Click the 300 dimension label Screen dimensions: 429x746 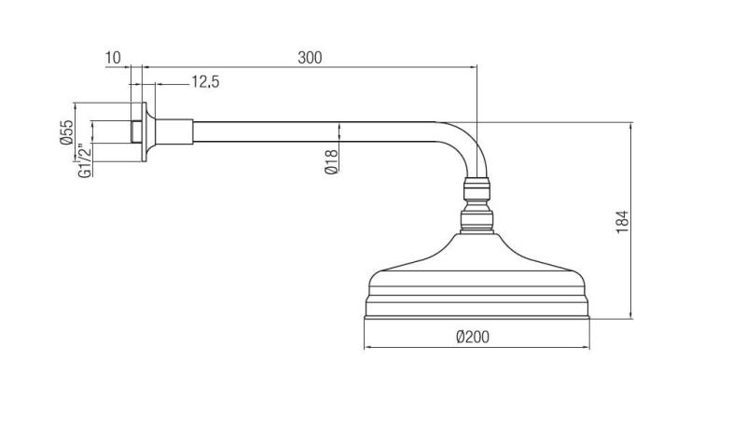pyautogui.click(x=310, y=58)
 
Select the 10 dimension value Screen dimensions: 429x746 pyautogui.click(x=113, y=58)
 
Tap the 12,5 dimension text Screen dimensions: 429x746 pyautogui.click(x=205, y=83)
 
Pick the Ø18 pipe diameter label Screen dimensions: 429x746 pyautogui.click(x=331, y=160)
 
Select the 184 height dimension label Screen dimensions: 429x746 pyautogui.click(x=623, y=221)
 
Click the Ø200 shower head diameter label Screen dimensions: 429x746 pyautogui.click(x=474, y=337)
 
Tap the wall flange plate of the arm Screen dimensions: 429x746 pyautogui.click(x=145, y=131)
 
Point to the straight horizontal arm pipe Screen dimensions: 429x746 pyautogui.click(x=308, y=131)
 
